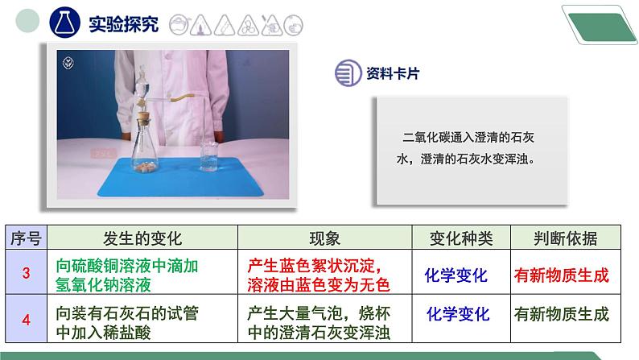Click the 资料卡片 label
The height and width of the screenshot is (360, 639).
click(394, 73)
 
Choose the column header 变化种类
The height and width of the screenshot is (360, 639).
click(457, 238)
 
